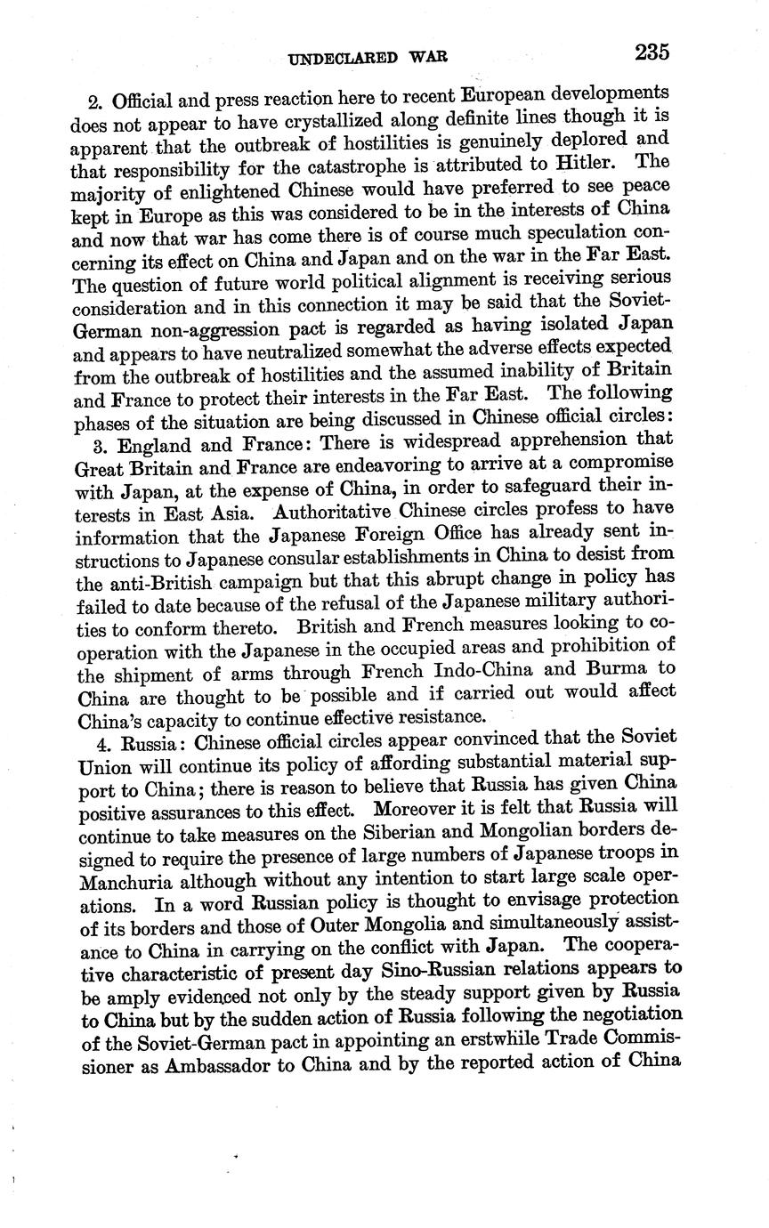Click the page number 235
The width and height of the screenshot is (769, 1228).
652,52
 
